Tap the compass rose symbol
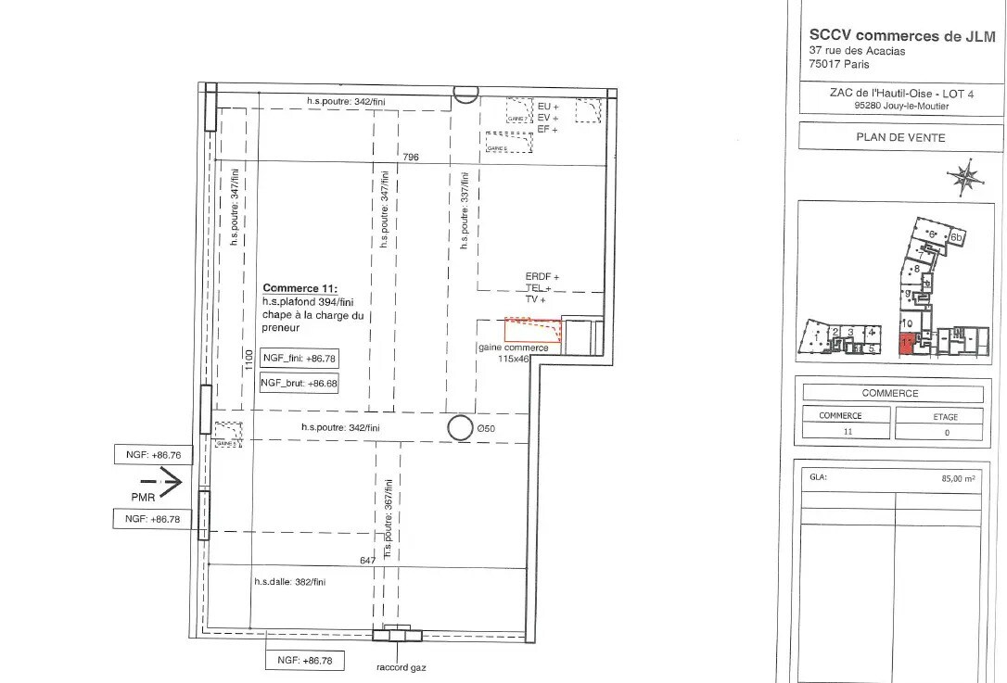(x=965, y=177)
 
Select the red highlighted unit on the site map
(x=906, y=344)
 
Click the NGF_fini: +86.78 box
(x=299, y=358)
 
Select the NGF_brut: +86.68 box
(x=299, y=383)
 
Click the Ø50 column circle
(x=459, y=427)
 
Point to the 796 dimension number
(x=410, y=158)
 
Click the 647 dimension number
(x=366, y=561)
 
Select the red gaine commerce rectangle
(x=533, y=329)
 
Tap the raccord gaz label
(x=400, y=666)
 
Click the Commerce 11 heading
(x=301, y=288)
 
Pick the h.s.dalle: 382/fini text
(x=290, y=582)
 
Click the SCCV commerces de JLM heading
(x=901, y=35)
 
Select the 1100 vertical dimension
(x=248, y=360)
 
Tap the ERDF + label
(x=542, y=276)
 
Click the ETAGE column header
(x=945, y=416)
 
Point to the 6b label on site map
(x=958, y=238)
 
